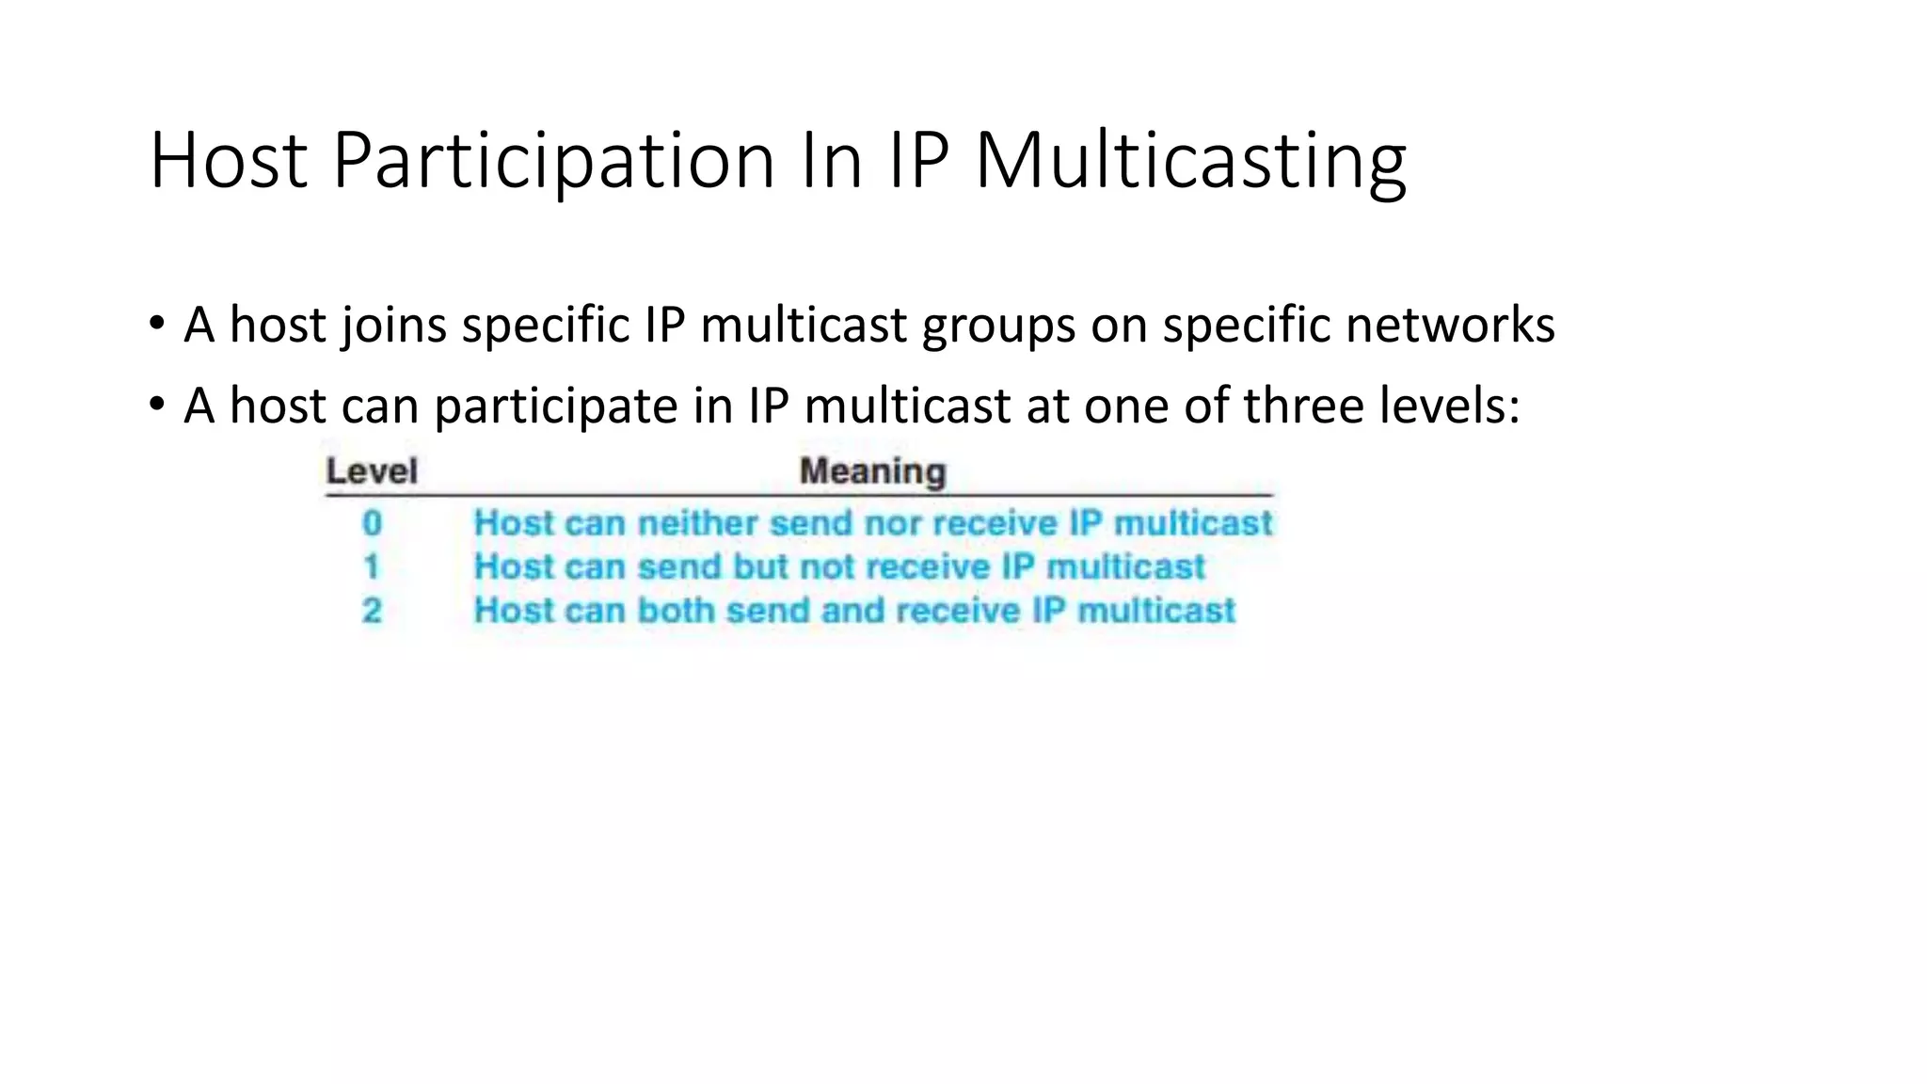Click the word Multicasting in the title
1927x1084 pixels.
coord(1190,161)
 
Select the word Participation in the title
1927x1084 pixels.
coord(553,161)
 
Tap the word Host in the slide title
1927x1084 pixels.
coord(229,161)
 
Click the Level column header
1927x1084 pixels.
coord(372,471)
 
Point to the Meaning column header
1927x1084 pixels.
coord(872,471)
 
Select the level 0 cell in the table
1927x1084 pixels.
coord(373,523)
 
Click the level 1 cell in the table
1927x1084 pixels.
coord(372,566)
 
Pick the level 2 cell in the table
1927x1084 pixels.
coord(373,611)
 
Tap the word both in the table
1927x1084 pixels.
coord(677,611)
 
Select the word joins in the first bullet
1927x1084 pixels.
coord(394,326)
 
